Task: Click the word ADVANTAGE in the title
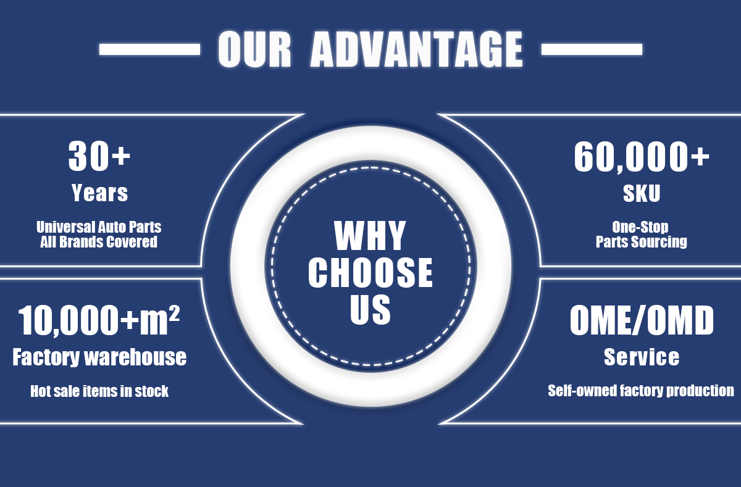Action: [416, 49]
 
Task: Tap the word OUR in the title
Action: [254, 49]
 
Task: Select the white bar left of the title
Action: [149, 49]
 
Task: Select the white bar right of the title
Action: [591, 49]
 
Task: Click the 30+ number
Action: [99, 156]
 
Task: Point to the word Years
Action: [99, 193]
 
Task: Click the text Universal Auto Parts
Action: [99, 227]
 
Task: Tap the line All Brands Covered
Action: [99, 241]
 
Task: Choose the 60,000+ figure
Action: [642, 157]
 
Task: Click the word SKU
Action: [642, 194]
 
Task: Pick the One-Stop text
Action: [640, 227]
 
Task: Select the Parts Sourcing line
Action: [641, 241]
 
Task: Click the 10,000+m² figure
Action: [99, 320]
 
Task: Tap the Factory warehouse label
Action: [99, 357]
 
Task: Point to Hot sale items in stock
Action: [99, 391]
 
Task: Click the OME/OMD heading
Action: [642, 321]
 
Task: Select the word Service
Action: [642, 357]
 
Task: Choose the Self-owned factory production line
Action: [641, 391]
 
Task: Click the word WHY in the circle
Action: [370, 236]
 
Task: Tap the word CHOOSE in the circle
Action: [371, 272]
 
